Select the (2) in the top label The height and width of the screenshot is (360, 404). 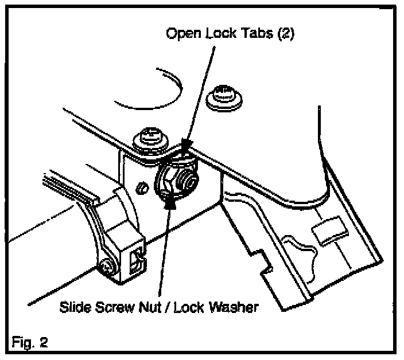[284, 33]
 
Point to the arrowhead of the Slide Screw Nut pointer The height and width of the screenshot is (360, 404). [170, 200]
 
